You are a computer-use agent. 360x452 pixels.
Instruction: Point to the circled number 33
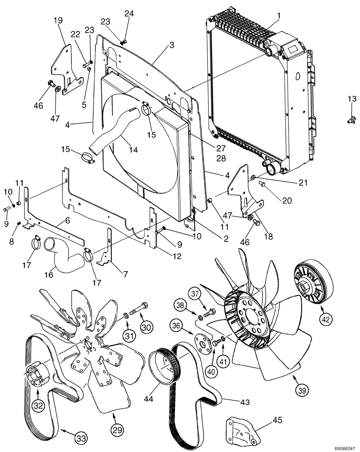[81, 437]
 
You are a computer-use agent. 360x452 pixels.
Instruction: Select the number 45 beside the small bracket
[277, 420]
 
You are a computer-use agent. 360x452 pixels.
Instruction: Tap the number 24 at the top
[129, 14]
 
